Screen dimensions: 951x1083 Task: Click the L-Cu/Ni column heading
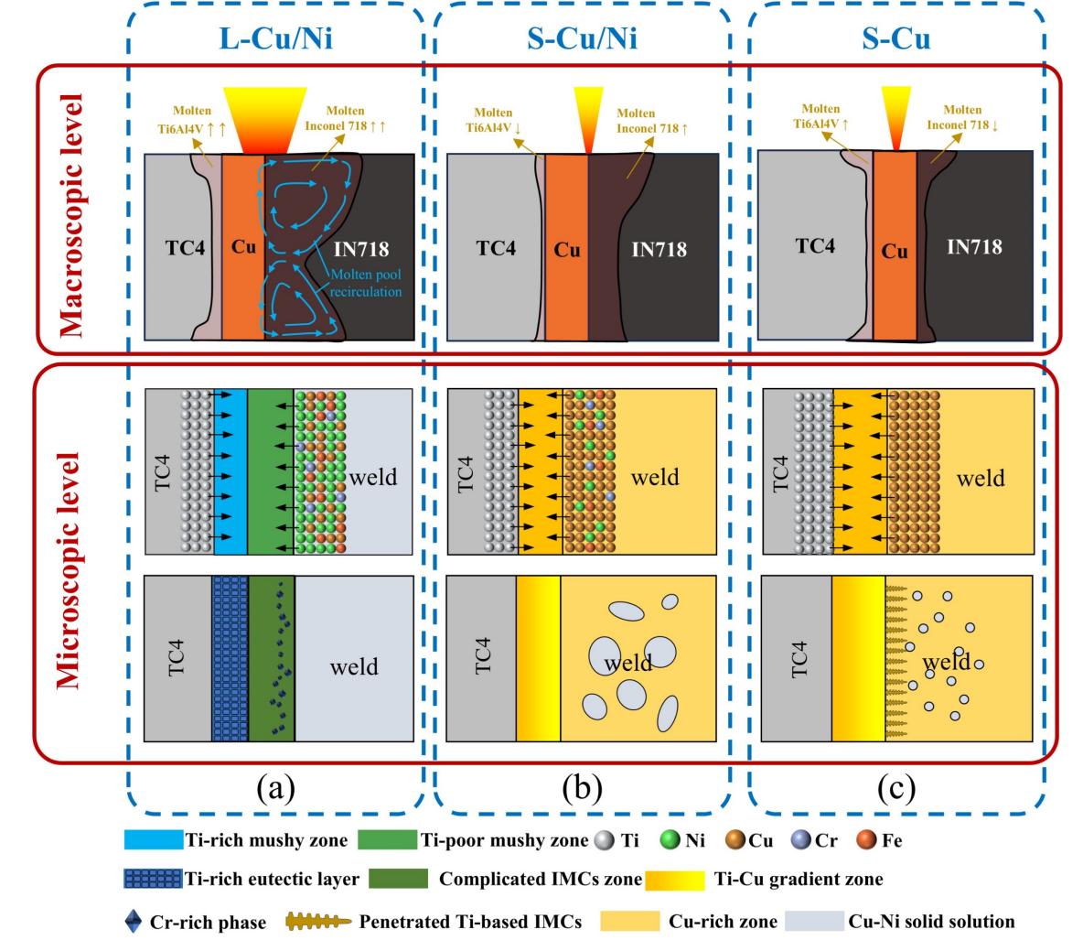click(x=275, y=40)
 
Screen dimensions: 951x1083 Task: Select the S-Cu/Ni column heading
click(x=582, y=40)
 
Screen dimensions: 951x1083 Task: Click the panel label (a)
click(x=276, y=786)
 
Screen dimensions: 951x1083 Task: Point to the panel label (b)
click(x=583, y=786)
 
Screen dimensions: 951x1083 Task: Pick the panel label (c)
click(x=894, y=786)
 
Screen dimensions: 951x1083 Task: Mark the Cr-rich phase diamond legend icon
click(x=133, y=922)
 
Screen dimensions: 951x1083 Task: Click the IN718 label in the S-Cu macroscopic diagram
click(x=972, y=246)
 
